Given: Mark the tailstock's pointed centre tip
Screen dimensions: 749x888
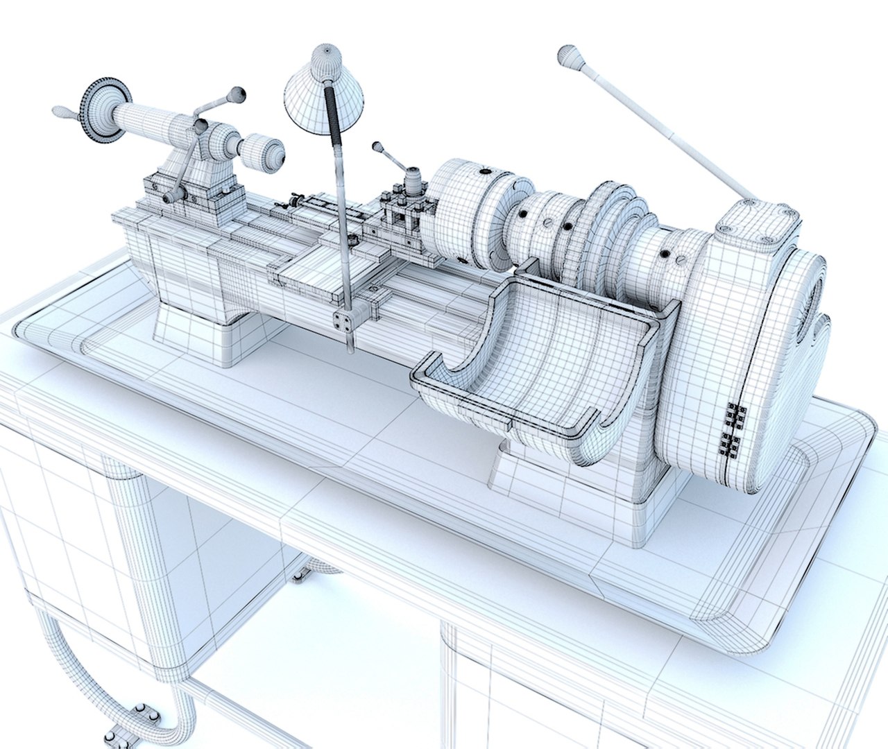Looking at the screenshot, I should [x=281, y=154].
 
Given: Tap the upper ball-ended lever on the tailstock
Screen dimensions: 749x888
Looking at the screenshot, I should [x=238, y=92].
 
